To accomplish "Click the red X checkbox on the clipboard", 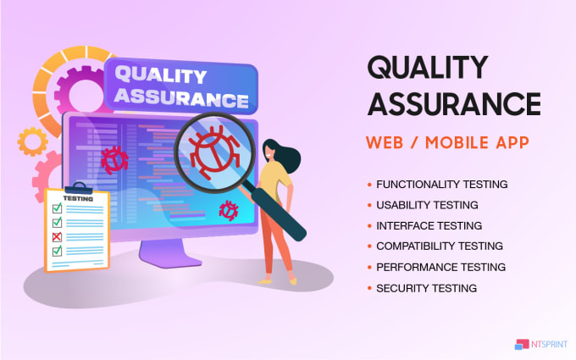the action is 57,237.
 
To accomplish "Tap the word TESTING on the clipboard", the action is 78,199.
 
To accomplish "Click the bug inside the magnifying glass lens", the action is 214,152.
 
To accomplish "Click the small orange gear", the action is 32,141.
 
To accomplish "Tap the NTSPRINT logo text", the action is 549,344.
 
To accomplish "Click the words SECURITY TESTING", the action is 426,288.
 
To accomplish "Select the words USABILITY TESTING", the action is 427,205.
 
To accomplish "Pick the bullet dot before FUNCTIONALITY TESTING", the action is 369,185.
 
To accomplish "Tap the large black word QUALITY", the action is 428,67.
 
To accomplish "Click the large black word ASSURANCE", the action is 454,103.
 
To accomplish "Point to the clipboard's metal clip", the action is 79,188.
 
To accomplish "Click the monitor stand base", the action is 170,254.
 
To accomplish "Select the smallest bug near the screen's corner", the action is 229,210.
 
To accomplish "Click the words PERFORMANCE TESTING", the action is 440,267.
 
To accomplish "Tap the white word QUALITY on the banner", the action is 161,75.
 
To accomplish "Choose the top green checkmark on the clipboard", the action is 58,208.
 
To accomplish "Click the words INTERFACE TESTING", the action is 429,225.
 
